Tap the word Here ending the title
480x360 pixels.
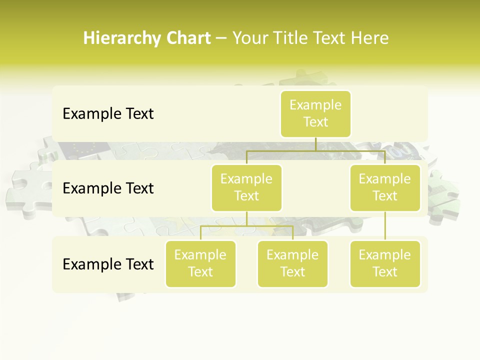coord(370,38)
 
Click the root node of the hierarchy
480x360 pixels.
coord(315,113)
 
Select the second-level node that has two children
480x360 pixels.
coord(246,187)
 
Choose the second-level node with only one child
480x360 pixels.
coord(385,187)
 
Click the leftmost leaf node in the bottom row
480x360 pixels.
coord(200,263)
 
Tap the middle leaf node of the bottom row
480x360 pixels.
coord(292,263)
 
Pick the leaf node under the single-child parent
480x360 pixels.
coord(385,263)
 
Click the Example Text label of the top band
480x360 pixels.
coord(108,114)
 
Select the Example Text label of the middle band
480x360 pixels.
coord(108,188)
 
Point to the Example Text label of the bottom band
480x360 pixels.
coord(108,264)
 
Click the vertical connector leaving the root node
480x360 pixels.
coord(315,144)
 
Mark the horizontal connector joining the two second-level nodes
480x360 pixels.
coord(315,150)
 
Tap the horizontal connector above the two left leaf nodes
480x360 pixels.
coord(246,226)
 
